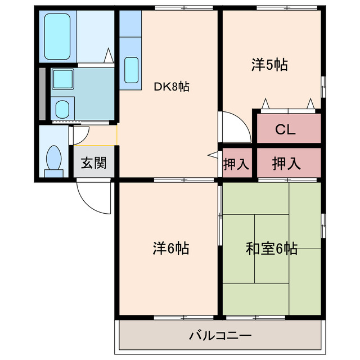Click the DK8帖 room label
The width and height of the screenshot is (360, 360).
pyautogui.click(x=172, y=87)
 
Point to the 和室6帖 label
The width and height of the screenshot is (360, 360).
pyautogui.click(x=271, y=248)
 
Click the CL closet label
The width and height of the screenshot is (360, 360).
pyautogui.click(x=285, y=129)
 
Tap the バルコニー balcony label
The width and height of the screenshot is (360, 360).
pyautogui.click(x=220, y=337)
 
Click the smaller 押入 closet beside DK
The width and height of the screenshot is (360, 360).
pyautogui.click(x=236, y=164)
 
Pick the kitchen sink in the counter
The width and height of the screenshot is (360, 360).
pyautogui.click(x=130, y=70)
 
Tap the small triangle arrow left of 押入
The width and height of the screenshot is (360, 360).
pyautogui.click(x=213, y=154)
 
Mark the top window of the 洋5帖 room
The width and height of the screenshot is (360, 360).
pyautogui.click(x=272, y=7)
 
